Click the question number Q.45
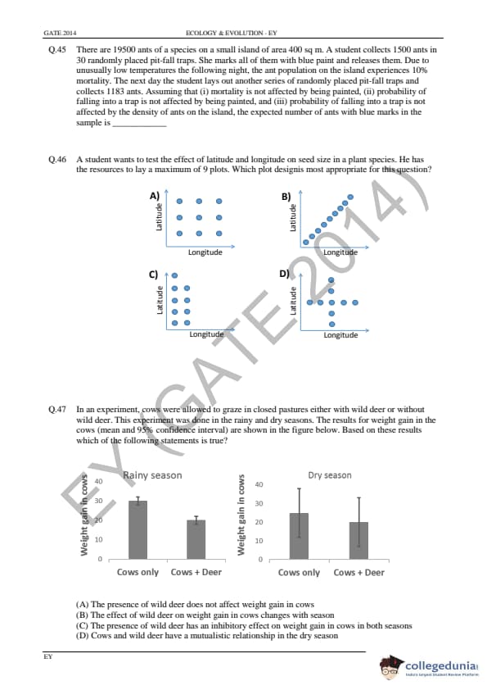[57, 50]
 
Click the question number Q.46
[57, 159]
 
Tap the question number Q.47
[57, 409]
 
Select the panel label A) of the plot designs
[154, 196]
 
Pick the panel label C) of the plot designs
[153, 275]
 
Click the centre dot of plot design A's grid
[199, 217]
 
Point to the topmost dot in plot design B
[350, 197]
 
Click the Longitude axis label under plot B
[340, 252]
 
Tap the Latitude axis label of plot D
[293, 301]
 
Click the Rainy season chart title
[152, 475]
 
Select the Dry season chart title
[330, 475]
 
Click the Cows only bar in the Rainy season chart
[138, 530]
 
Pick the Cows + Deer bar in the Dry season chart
[358, 541]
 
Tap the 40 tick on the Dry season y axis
[259, 484]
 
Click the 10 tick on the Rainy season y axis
[98, 539]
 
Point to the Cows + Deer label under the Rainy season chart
[196, 572]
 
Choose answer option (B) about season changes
[205, 615]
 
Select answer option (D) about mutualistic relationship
[207, 635]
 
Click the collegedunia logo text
[441, 665]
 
